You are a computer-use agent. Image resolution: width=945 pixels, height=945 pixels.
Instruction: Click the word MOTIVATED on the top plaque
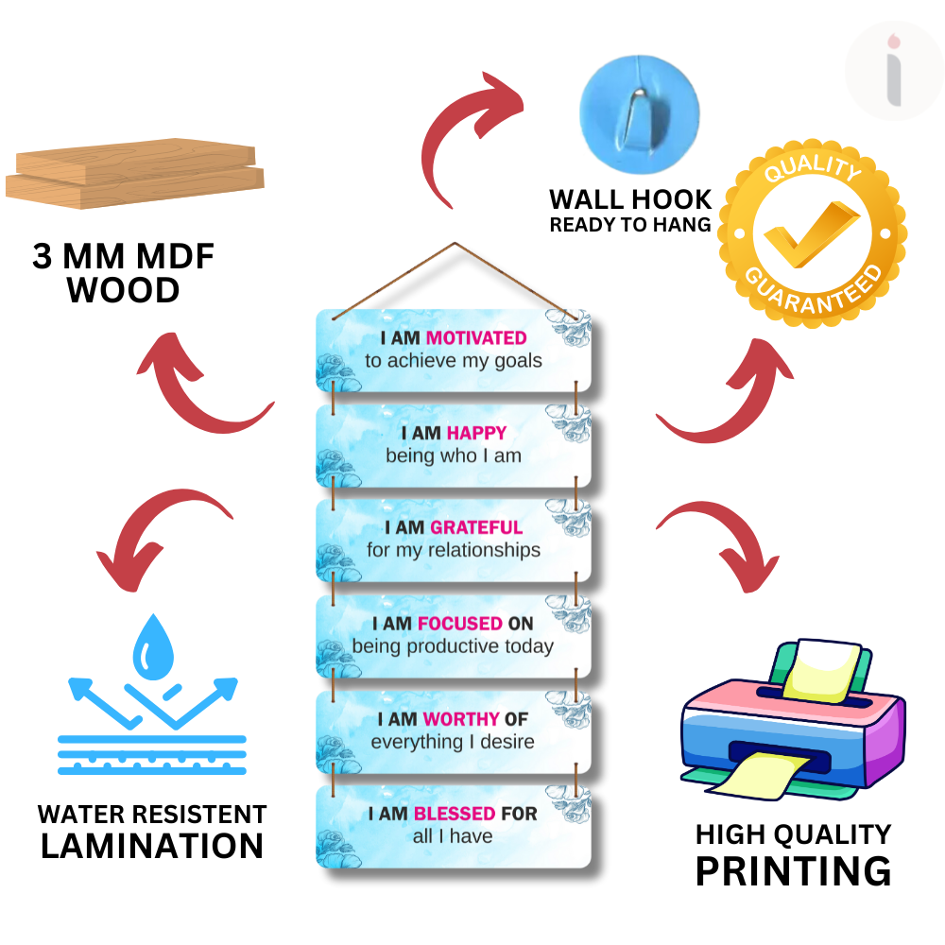coord(476,337)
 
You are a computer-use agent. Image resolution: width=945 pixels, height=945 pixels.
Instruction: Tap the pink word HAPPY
coord(477,433)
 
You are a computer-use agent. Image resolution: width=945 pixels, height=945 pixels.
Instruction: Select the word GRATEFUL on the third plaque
coord(476,527)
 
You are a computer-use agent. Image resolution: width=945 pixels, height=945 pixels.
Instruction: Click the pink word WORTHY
coord(461,719)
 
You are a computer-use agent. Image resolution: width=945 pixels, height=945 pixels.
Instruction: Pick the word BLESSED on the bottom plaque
coord(455,814)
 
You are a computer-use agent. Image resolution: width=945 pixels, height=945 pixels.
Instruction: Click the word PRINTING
coord(794,870)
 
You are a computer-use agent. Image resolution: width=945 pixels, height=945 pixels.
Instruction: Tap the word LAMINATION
coord(151,845)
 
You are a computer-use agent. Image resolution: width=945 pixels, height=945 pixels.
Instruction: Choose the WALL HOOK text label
coord(631,199)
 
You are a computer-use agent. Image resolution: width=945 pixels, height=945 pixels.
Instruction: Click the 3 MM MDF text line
coord(124,257)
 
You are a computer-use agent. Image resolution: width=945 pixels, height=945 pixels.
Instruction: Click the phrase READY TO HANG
coord(630,225)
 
